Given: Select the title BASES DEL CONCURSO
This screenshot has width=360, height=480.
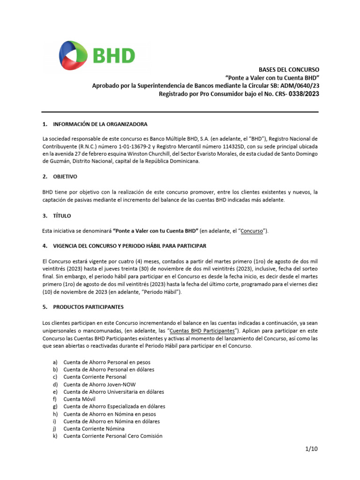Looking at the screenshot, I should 289,69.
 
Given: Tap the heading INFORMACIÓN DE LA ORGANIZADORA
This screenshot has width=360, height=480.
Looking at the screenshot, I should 100,124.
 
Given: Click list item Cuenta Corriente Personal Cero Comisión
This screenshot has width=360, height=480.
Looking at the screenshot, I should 112,436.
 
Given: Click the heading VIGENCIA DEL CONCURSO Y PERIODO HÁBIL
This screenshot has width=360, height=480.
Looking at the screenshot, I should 129,246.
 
